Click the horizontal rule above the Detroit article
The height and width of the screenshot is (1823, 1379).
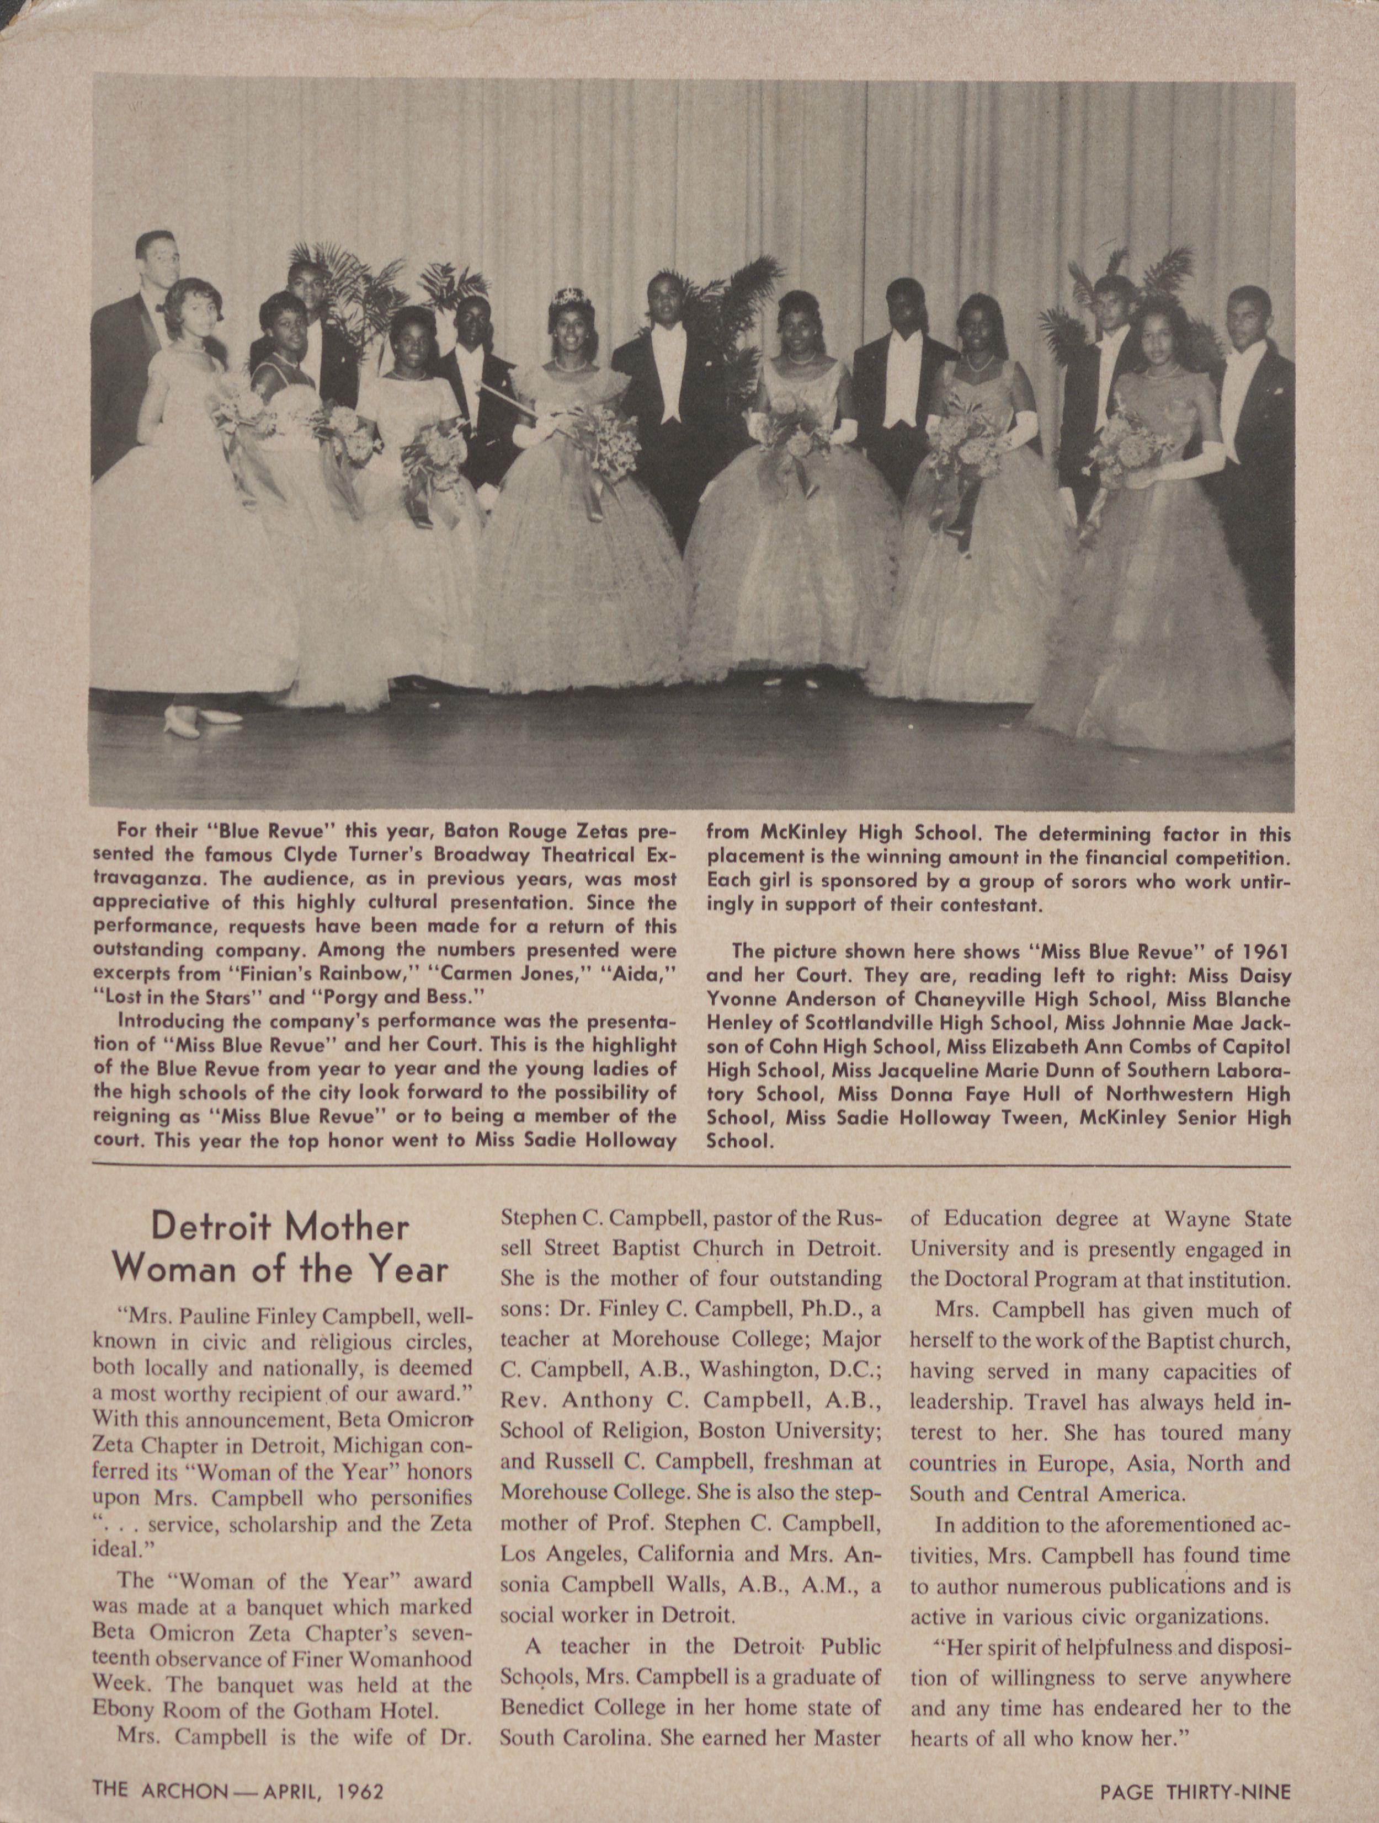click(x=689, y=1166)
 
